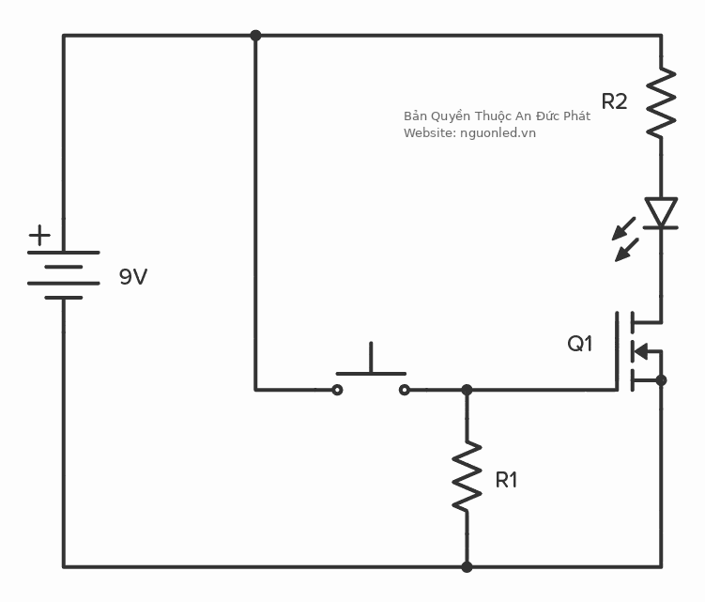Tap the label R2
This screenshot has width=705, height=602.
pos(614,101)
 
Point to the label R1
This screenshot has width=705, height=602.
pos(506,480)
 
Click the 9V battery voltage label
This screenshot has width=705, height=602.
pos(132,277)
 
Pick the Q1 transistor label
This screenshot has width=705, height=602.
pos(580,344)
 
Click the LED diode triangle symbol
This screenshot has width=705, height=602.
pos(661,213)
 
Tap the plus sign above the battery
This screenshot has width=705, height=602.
pos(39,235)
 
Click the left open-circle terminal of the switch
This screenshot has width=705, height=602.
pos(337,389)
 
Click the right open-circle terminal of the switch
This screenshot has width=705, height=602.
pos(405,389)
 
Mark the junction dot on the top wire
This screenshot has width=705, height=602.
pos(255,36)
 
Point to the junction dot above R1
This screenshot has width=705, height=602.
pos(467,389)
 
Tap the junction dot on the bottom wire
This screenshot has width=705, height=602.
pos(467,567)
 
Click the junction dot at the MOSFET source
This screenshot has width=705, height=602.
pos(661,380)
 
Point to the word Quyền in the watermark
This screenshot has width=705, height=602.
pos(450,116)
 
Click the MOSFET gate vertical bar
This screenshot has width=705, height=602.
pos(620,351)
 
